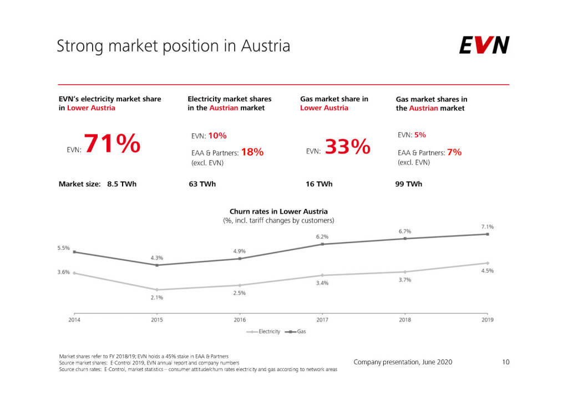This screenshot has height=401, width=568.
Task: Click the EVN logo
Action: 484,45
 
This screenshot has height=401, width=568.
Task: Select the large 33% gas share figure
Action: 347,147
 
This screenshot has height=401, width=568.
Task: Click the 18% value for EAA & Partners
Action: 252,152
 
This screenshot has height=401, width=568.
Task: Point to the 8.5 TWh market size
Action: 121,184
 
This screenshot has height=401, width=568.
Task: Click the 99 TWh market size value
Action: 408,184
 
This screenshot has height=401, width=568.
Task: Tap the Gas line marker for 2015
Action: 156,265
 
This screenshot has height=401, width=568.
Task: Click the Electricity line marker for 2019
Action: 488,263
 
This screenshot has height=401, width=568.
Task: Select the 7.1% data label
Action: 487,227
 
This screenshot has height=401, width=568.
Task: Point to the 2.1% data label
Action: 156,297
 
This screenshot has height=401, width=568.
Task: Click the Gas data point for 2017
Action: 322,244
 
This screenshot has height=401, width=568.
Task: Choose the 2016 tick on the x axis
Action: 240,320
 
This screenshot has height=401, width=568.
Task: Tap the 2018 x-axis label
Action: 405,320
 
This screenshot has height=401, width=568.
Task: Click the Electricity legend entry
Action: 264,332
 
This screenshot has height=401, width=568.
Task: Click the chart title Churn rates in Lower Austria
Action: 278,211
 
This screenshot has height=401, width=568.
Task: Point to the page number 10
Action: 505,362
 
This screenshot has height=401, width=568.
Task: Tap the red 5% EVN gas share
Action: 420,135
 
